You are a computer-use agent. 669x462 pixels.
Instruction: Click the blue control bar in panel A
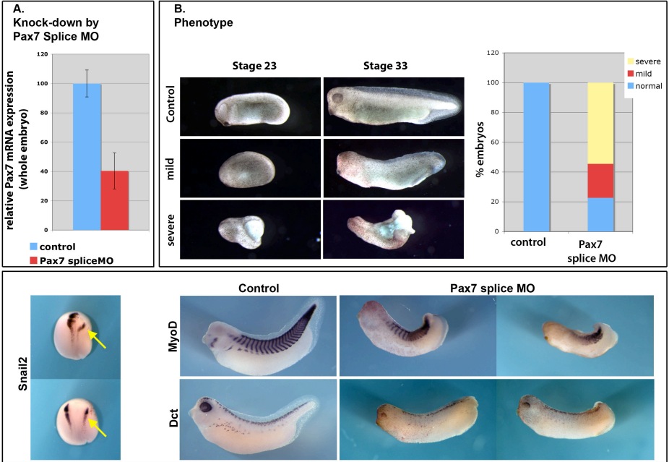point(87,156)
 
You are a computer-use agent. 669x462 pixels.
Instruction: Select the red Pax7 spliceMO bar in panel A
point(115,200)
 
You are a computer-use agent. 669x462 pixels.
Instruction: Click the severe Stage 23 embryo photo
point(249,228)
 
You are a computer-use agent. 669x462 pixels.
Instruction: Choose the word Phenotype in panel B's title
point(203,22)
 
